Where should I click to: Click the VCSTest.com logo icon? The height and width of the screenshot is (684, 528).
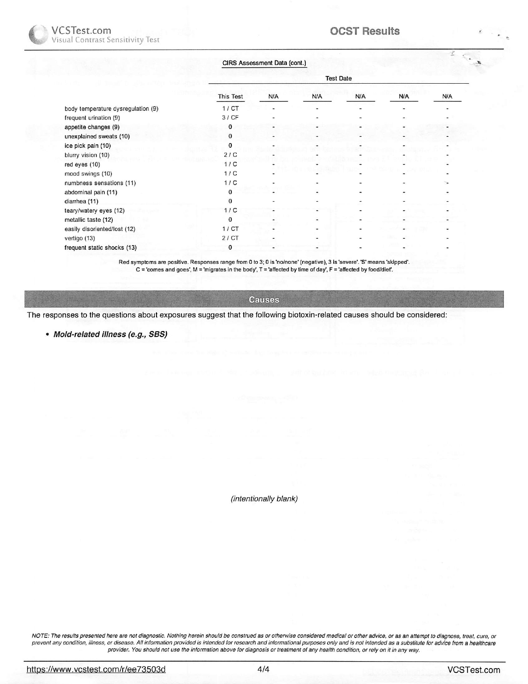pyautogui.click(x=38, y=35)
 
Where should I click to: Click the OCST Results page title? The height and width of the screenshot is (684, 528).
pyautogui.click(x=364, y=31)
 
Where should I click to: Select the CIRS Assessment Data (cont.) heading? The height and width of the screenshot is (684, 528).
pyautogui.click(x=264, y=63)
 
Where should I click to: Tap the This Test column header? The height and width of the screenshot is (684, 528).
pyautogui.click(x=230, y=97)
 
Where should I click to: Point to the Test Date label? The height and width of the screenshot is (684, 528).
pyautogui.click(x=338, y=78)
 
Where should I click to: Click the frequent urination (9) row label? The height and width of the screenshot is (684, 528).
pyautogui.click(x=92, y=118)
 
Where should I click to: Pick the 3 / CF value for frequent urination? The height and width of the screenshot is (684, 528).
pyautogui.click(x=230, y=118)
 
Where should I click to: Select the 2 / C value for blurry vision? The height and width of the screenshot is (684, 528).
pyautogui.click(x=230, y=155)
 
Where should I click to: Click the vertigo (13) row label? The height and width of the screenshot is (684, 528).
pyautogui.click(x=79, y=238)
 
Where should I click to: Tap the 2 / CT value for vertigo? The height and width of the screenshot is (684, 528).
pyautogui.click(x=230, y=238)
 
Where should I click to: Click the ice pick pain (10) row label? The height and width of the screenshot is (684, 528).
pyautogui.click(x=87, y=146)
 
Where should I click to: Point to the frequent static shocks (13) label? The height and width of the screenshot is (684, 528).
pyautogui.click(x=100, y=248)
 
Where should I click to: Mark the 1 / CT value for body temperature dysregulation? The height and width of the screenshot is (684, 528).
pyautogui.click(x=230, y=109)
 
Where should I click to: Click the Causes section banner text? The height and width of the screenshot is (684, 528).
pyautogui.click(x=264, y=300)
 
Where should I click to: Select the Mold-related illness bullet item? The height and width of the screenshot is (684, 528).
pyautogui.click(x=110, y=335)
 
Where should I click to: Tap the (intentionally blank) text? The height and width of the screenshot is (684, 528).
pyautogui.click(x=264, y=498)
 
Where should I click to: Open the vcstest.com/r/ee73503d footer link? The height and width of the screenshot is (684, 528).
pyautogui.click(x=96, y=669)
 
